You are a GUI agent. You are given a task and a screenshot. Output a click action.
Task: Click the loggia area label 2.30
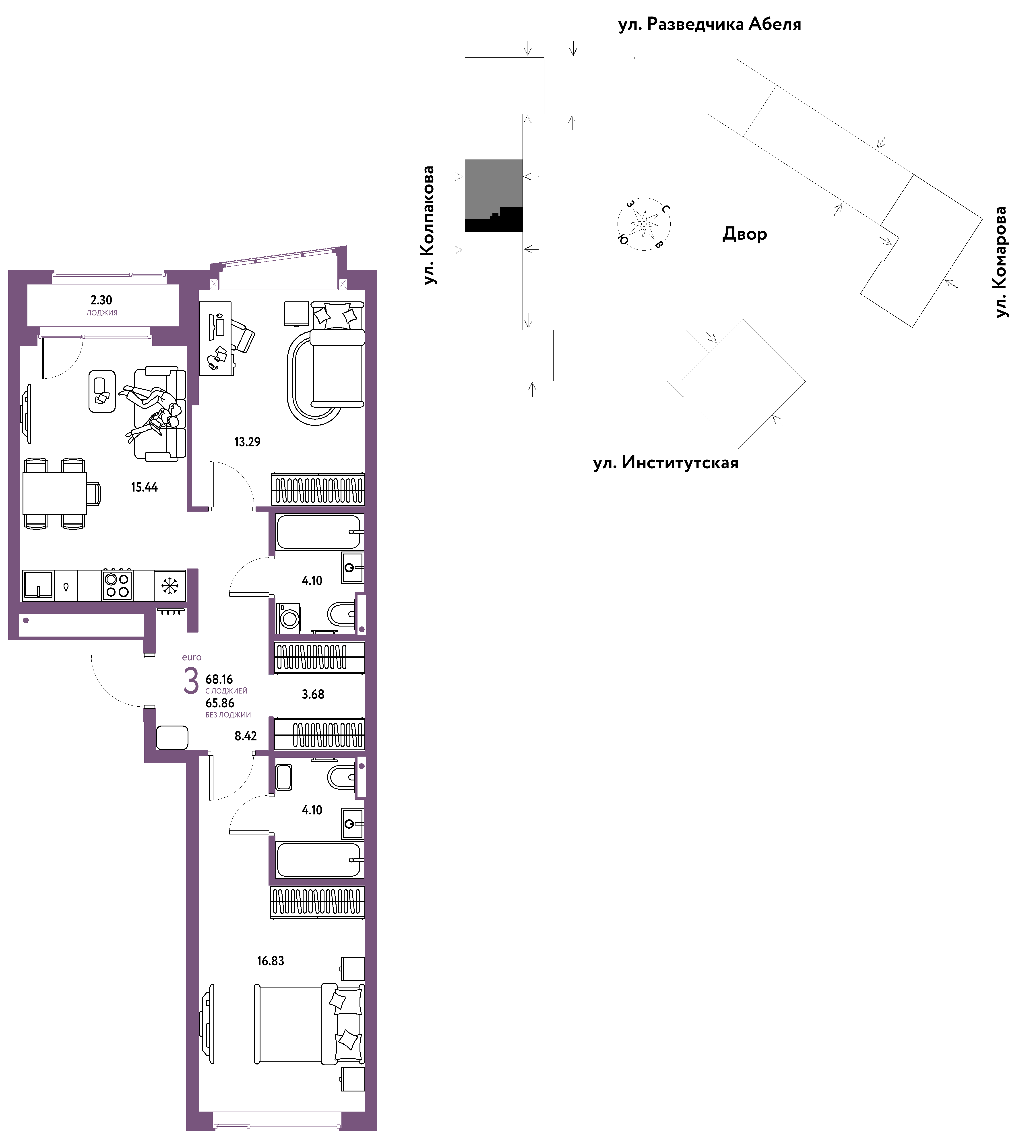pos(101,300)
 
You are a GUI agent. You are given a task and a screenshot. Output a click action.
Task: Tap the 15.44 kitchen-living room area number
pos(144,487)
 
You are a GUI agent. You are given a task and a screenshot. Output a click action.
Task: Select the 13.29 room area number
pos(247,442)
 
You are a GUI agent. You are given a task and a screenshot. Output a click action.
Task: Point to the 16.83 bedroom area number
pos(270,961)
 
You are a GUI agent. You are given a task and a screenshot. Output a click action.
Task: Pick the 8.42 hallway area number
pos(246,736)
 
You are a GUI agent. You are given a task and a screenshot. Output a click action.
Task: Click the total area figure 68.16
pos(219,679)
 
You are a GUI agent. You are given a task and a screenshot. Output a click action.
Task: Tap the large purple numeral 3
pos(192,681)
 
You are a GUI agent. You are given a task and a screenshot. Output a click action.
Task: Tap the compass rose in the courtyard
pos(644,224)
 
